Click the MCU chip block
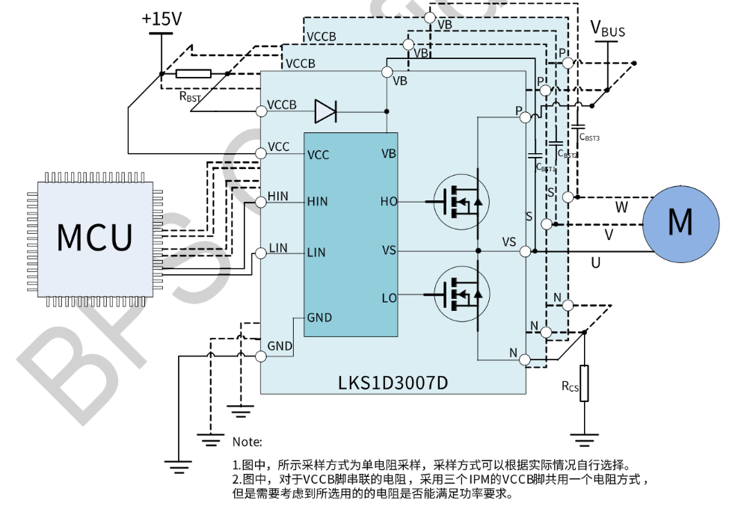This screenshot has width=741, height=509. click(x=95, y=235)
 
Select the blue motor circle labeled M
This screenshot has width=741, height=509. click(x=680, y=222)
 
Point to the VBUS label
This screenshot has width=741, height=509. click(x=608, y=29)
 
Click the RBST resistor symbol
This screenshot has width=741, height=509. click(x=194, y=73)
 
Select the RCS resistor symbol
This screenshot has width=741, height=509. click(x=585, y=383)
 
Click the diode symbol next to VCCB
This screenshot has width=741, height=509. click(x=326, y=111)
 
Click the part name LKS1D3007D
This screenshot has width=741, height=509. click(x=393, y=383)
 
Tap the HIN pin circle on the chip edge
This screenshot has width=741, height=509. click(x=261, y=202)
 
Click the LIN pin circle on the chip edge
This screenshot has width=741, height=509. click(x=261, y=253)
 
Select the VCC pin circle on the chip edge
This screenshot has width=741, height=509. click(x=261, y=153)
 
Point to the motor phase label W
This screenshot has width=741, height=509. click(x=621, y=206)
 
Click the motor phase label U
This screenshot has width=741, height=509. click(x=595, y=262)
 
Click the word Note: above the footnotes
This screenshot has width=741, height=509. click(x=247, y=442)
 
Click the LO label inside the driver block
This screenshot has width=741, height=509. click(x=389, y=298)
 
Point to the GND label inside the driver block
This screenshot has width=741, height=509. click(x=319, y=318)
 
